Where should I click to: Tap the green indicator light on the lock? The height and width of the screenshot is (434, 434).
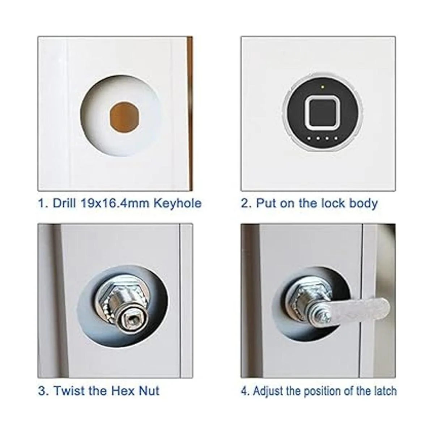(323, 86)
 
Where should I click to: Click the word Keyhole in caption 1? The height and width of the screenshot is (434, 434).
(177, 204)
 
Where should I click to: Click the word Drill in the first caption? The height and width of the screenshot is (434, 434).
(64, 203)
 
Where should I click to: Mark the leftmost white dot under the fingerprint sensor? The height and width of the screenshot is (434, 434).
(309, 138)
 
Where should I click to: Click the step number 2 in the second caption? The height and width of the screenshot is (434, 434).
(244, 203)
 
